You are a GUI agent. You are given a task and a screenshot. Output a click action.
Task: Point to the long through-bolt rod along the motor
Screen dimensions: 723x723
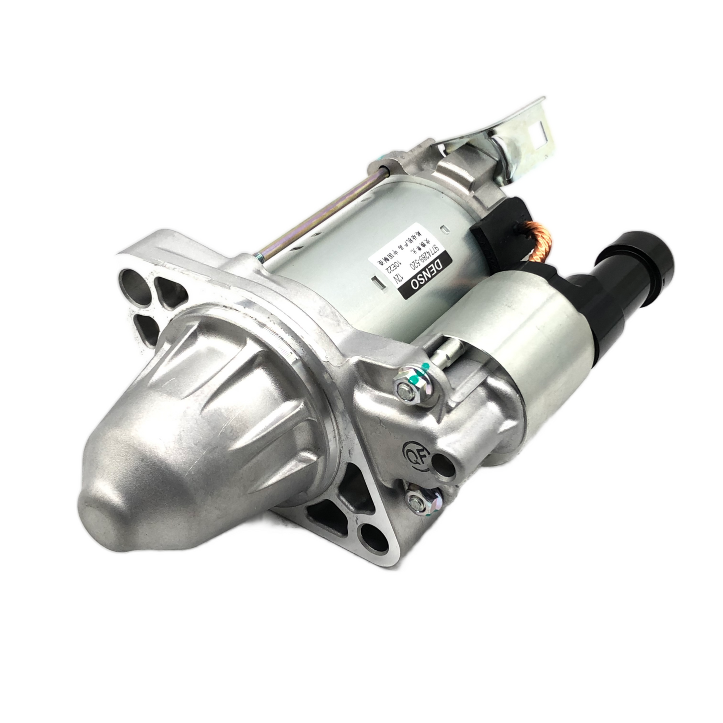(320, 210)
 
